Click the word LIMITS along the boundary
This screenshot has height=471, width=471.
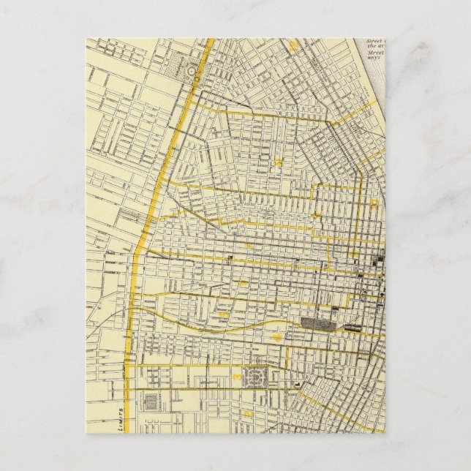118,417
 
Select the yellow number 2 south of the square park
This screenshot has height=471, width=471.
249,412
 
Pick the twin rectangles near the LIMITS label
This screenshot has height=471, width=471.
150,402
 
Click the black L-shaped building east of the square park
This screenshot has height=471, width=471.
298,383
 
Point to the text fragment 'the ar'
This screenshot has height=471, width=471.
374,46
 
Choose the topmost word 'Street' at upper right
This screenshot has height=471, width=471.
374,40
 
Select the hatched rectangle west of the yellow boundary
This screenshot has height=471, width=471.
129,215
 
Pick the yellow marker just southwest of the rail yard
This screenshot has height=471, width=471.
278,336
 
